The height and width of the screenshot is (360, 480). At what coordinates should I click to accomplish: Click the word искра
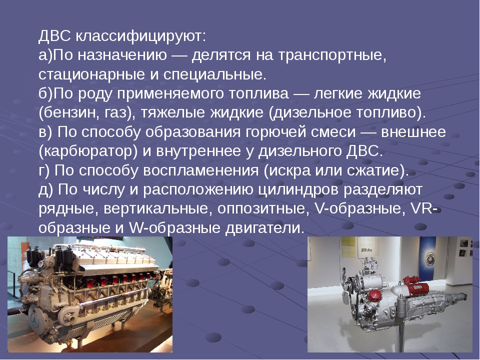tap(290, 170)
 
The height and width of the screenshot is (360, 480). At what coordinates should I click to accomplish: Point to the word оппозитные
tap(261, 208)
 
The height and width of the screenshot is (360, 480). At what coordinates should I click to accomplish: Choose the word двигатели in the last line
tap(264, 228)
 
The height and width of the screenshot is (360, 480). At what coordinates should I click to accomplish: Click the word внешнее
tap(413, 132)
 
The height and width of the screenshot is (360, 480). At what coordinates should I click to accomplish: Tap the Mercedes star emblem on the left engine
tap(34, 321)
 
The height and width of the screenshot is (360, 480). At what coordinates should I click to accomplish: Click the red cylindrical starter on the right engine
tap(416, 285)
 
